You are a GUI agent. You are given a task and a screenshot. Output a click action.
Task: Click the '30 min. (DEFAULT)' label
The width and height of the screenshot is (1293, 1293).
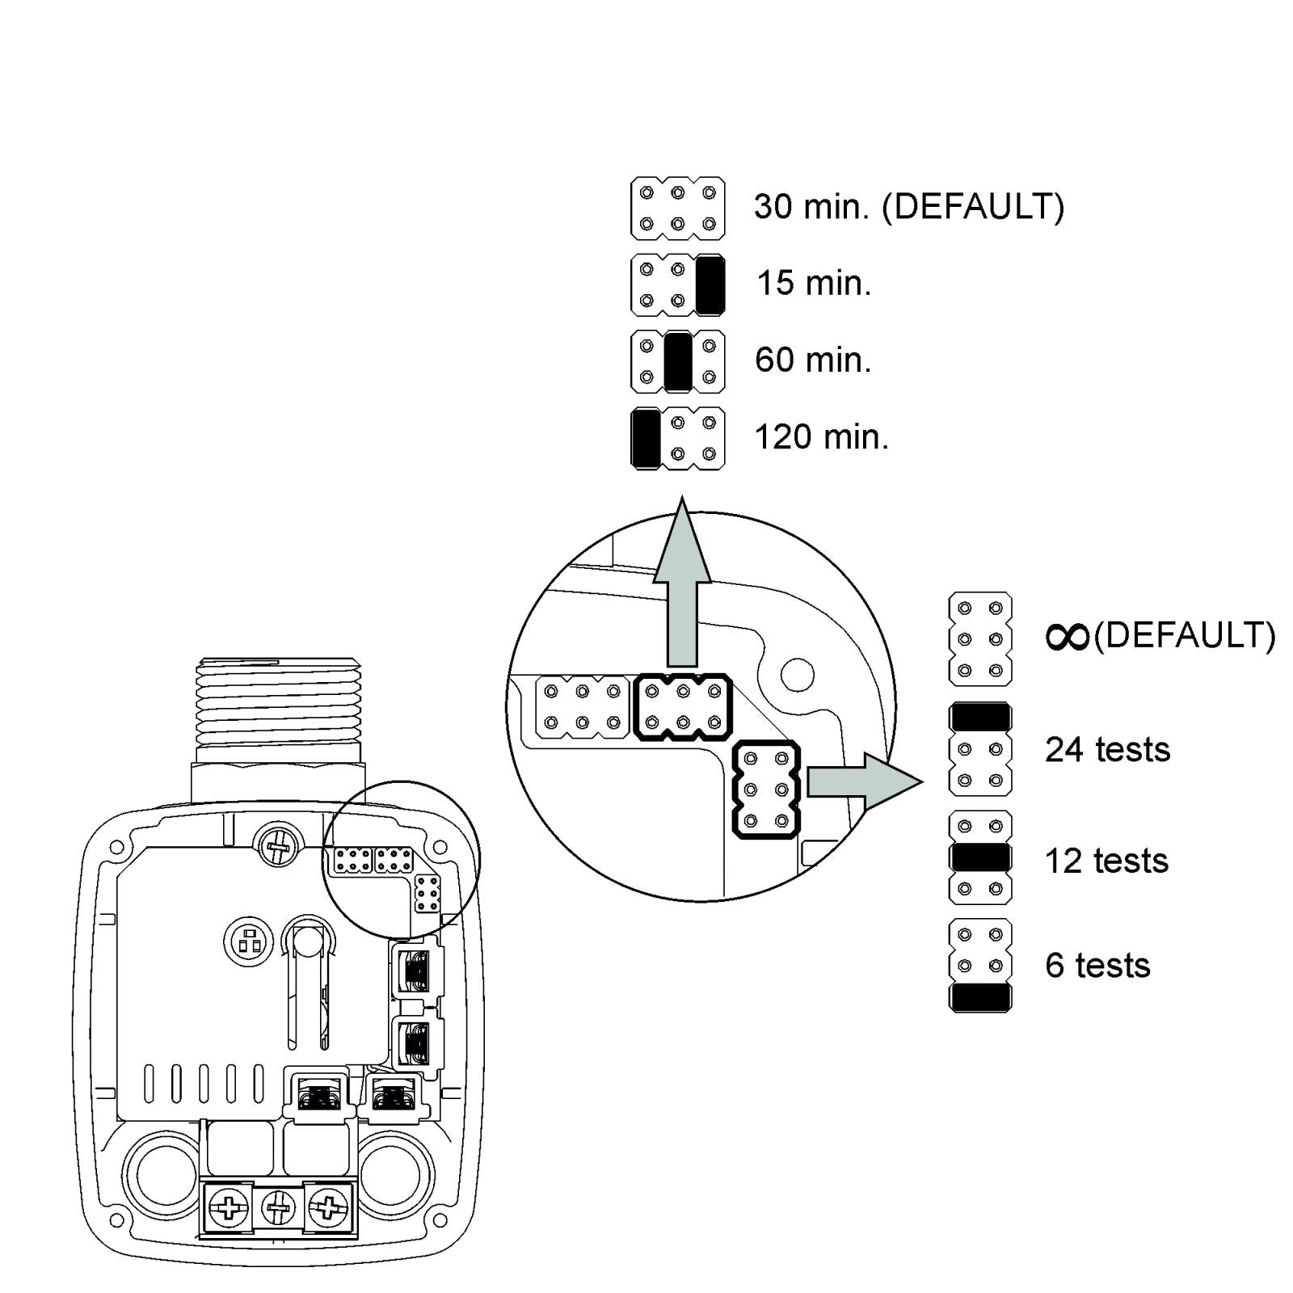point(908,207)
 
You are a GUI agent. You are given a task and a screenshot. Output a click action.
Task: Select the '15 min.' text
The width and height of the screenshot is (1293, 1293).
point(813,284)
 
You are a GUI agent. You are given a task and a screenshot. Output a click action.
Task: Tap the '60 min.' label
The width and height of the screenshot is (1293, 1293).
point(813,360)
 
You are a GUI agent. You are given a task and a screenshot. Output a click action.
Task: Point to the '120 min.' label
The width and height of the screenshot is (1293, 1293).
point(821,437)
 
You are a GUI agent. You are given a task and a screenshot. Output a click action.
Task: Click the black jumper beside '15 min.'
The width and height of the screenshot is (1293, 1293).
point(710,285)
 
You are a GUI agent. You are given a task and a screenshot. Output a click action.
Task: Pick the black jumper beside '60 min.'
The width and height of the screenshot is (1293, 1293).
point(677,362)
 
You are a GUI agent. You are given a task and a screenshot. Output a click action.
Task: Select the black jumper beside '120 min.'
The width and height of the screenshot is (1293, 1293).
point(646,439)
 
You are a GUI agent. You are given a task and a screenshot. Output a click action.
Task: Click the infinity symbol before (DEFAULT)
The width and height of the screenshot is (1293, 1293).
point(1068,638)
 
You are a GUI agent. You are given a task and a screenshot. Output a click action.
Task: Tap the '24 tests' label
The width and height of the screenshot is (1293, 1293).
point(1107,750)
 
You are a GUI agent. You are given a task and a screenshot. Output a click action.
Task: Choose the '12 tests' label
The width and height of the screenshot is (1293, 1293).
point(1106,861)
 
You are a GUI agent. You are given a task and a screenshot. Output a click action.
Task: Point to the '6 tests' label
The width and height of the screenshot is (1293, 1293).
point(1097,966)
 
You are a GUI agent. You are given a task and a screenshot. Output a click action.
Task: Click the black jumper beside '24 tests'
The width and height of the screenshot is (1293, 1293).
point(980,717)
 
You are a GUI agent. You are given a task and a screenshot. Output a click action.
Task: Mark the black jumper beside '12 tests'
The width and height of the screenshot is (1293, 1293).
point(980,857)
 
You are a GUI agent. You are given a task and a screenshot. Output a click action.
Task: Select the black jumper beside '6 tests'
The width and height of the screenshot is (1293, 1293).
point(980,997)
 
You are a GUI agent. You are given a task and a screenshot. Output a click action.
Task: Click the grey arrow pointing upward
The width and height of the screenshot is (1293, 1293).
point(682,590)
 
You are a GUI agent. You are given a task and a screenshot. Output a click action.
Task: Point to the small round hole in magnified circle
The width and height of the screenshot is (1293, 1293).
point(797,674)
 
